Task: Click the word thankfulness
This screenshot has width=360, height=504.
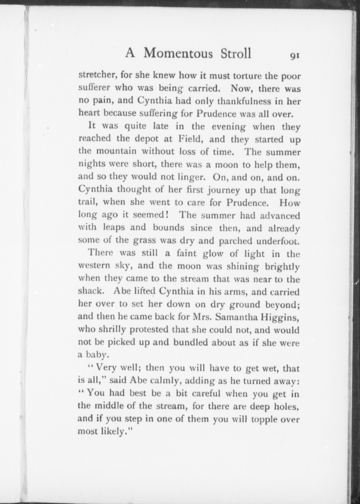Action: point(244,101)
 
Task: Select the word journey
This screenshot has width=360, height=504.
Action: point(223,190)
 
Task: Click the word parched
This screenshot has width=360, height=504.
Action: point(235,241)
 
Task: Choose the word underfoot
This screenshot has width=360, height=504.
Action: point(278,241)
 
